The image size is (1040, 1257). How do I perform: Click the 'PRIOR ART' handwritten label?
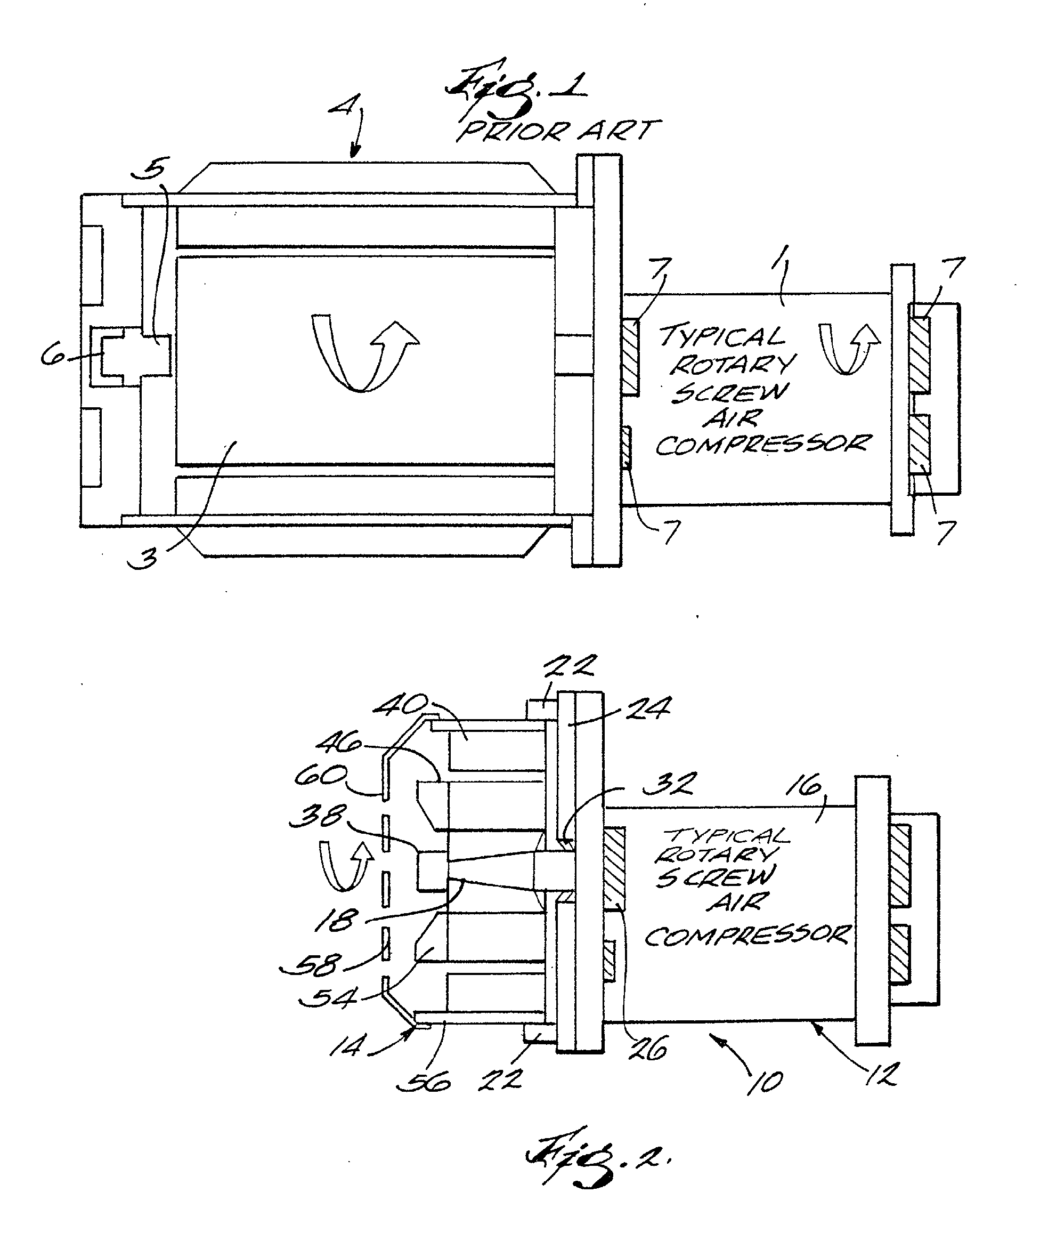[559, 131]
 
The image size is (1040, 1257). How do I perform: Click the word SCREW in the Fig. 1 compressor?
[730, 392]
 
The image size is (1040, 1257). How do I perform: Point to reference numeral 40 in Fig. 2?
[400, 706]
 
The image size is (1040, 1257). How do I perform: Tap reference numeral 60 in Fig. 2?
[320, 776]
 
